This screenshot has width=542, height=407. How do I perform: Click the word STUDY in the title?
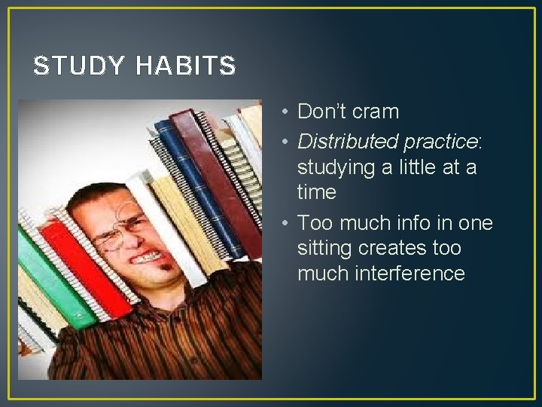point(79,66)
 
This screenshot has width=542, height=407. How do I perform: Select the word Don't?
point(319,112)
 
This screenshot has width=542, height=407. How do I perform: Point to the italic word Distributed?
point(348,140)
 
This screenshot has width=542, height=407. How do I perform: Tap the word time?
point(317,192)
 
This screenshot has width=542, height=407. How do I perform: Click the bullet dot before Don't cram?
point(281,112)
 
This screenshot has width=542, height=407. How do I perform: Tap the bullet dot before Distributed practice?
point(281,141)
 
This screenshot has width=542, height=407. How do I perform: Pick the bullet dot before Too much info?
point(281,223)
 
